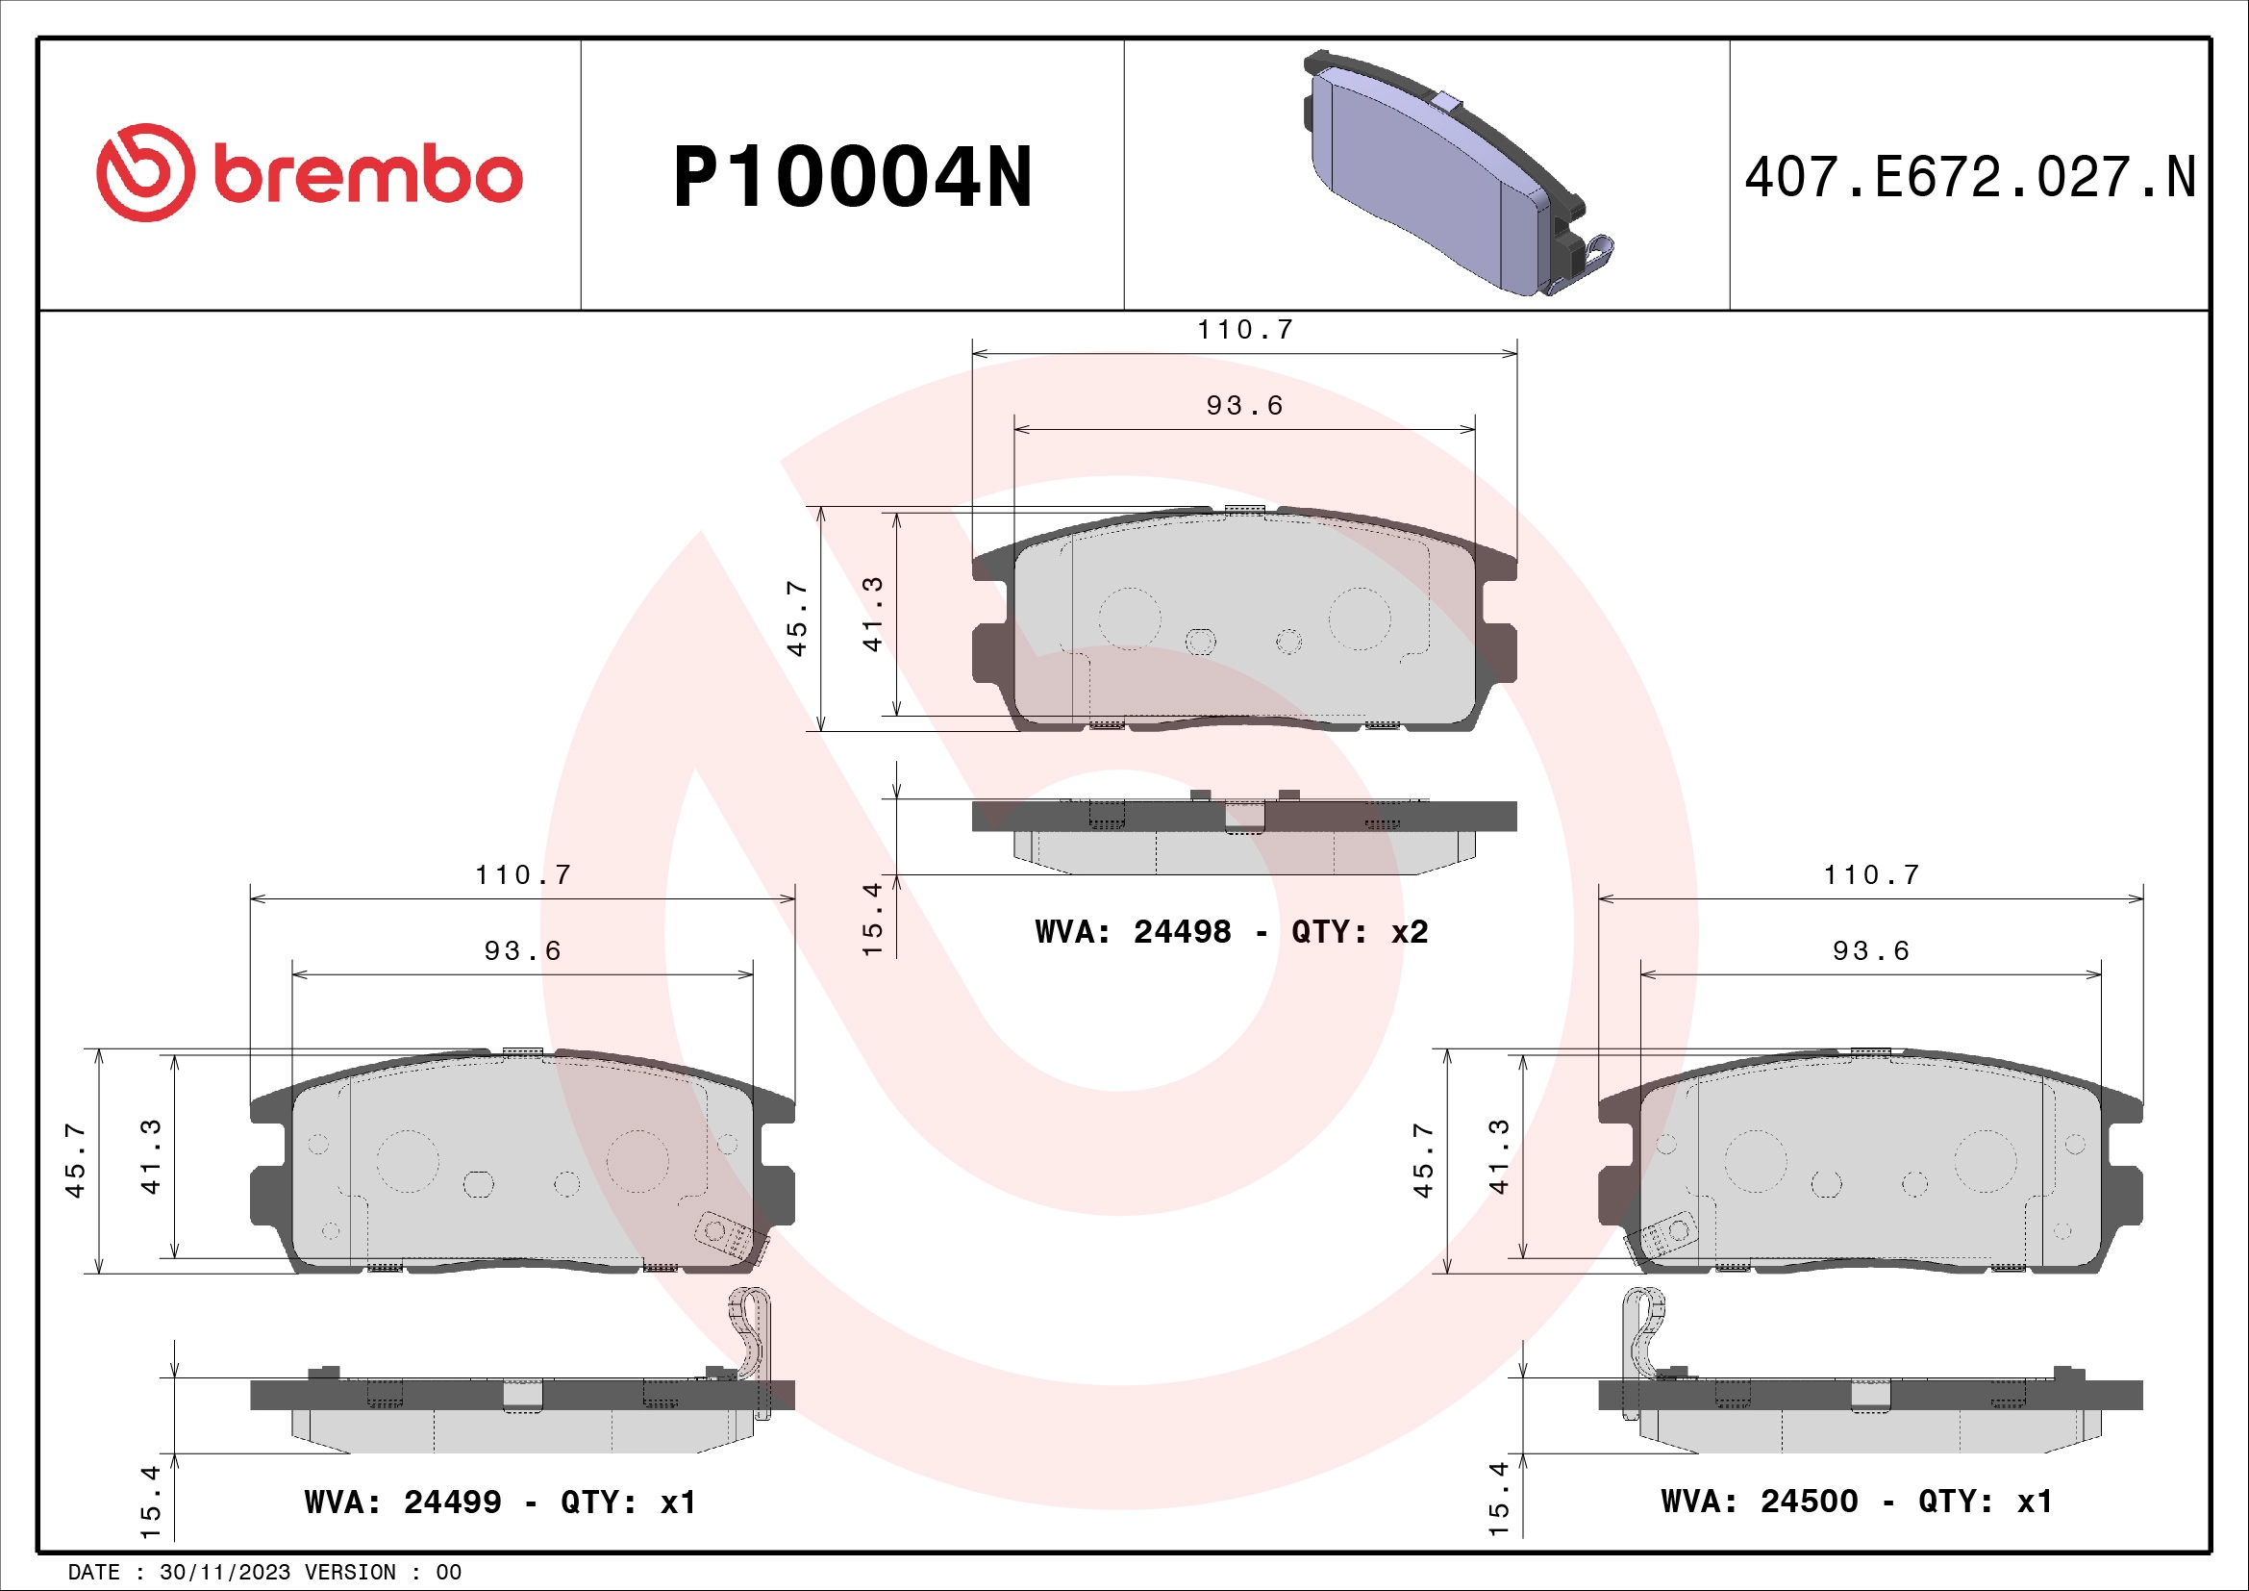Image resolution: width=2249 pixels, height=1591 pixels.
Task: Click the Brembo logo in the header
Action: (x=309, y=172)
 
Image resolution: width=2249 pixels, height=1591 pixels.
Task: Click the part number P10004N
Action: (x=852, y=177)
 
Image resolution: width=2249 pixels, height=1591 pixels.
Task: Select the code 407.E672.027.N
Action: (x=1970, y=177)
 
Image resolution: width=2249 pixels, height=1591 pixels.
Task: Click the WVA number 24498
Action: (x=1182, y=931)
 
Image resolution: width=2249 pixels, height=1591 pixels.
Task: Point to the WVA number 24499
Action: (x=452, y=1501)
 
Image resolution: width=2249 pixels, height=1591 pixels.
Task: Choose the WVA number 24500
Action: (x=1809, y=1500)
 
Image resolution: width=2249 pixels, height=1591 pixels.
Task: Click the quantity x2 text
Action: (x=1410, y=931)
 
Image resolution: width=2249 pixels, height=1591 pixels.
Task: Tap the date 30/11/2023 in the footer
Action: (x=225, y=1572)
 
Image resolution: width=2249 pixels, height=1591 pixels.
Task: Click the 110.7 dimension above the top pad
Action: (x=1245, y=329)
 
